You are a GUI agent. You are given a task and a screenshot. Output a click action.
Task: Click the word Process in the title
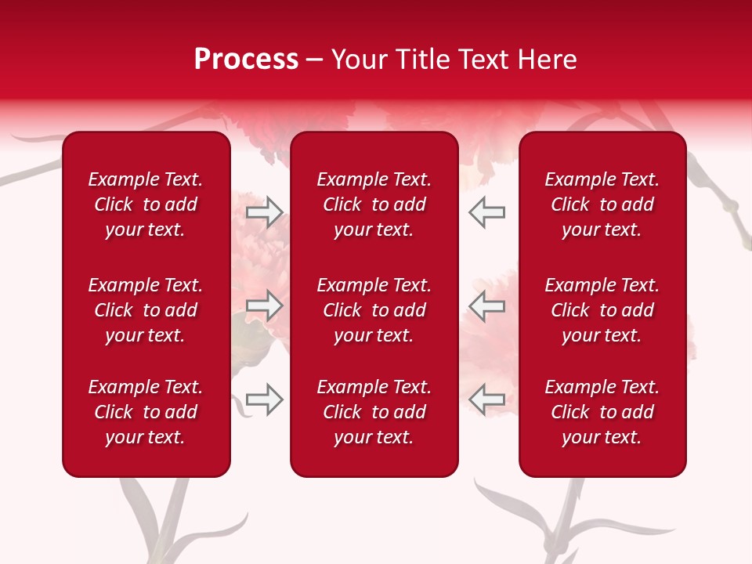click(246, 60)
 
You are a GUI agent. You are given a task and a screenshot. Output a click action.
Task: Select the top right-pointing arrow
click(264, 212)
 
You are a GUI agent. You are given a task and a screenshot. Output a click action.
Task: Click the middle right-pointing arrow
click(264, 305)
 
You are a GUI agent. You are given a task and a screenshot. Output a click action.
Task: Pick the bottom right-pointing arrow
click(264, 399)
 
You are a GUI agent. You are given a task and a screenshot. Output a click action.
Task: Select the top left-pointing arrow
click(486, 212)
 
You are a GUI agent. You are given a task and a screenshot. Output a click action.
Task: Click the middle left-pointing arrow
click(486, 305)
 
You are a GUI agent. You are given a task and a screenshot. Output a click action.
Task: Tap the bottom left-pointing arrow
click(486, 399)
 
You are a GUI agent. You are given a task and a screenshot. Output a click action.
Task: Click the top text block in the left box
click(146, 204)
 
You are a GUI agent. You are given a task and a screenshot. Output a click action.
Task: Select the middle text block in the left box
click(146, 310)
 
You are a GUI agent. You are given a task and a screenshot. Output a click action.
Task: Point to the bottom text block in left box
click(146, 412)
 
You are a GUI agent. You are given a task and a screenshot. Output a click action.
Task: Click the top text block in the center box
click(374, 204)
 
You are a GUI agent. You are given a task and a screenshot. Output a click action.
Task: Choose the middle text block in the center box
click(374, 310)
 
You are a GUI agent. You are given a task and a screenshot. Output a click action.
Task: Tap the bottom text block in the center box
click(374, 412)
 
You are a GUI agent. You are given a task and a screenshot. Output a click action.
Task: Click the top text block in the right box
click(602, 204)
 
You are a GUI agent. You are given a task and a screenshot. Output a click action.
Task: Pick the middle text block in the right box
click(602, 310)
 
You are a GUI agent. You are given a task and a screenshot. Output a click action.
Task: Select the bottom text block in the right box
click(602, 412)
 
